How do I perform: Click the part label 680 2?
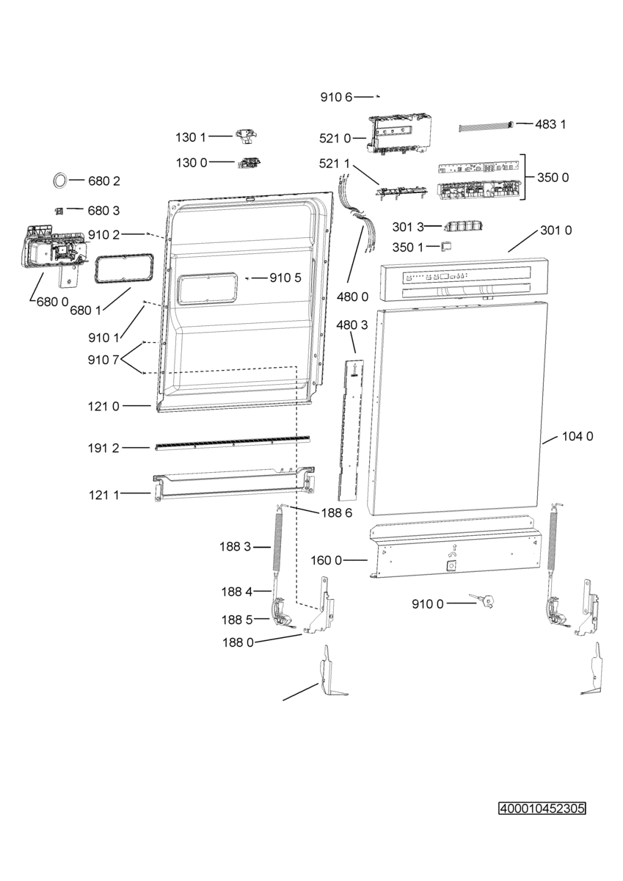103,181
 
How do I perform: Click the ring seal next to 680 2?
60,180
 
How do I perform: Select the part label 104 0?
578,436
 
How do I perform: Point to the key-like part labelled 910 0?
482,601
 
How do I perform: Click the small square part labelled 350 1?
446,246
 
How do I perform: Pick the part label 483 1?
550,125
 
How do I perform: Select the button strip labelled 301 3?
463,227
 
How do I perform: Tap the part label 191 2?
103,448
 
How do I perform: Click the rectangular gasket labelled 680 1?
123,269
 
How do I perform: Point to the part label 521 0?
335,139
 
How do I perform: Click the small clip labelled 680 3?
59,211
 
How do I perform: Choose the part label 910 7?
103,360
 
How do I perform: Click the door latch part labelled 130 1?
247,137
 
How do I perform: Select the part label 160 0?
327,560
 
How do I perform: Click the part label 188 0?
238,642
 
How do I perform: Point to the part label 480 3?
352,325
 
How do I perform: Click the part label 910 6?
337,97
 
